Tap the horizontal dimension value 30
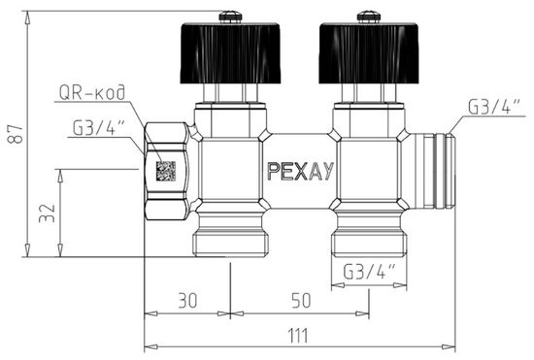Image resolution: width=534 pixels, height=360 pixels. (x=186, y=302)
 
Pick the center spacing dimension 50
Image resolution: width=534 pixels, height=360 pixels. (x=301, y=302)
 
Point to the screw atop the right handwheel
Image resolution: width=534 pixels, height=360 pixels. (x=367, y=16)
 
